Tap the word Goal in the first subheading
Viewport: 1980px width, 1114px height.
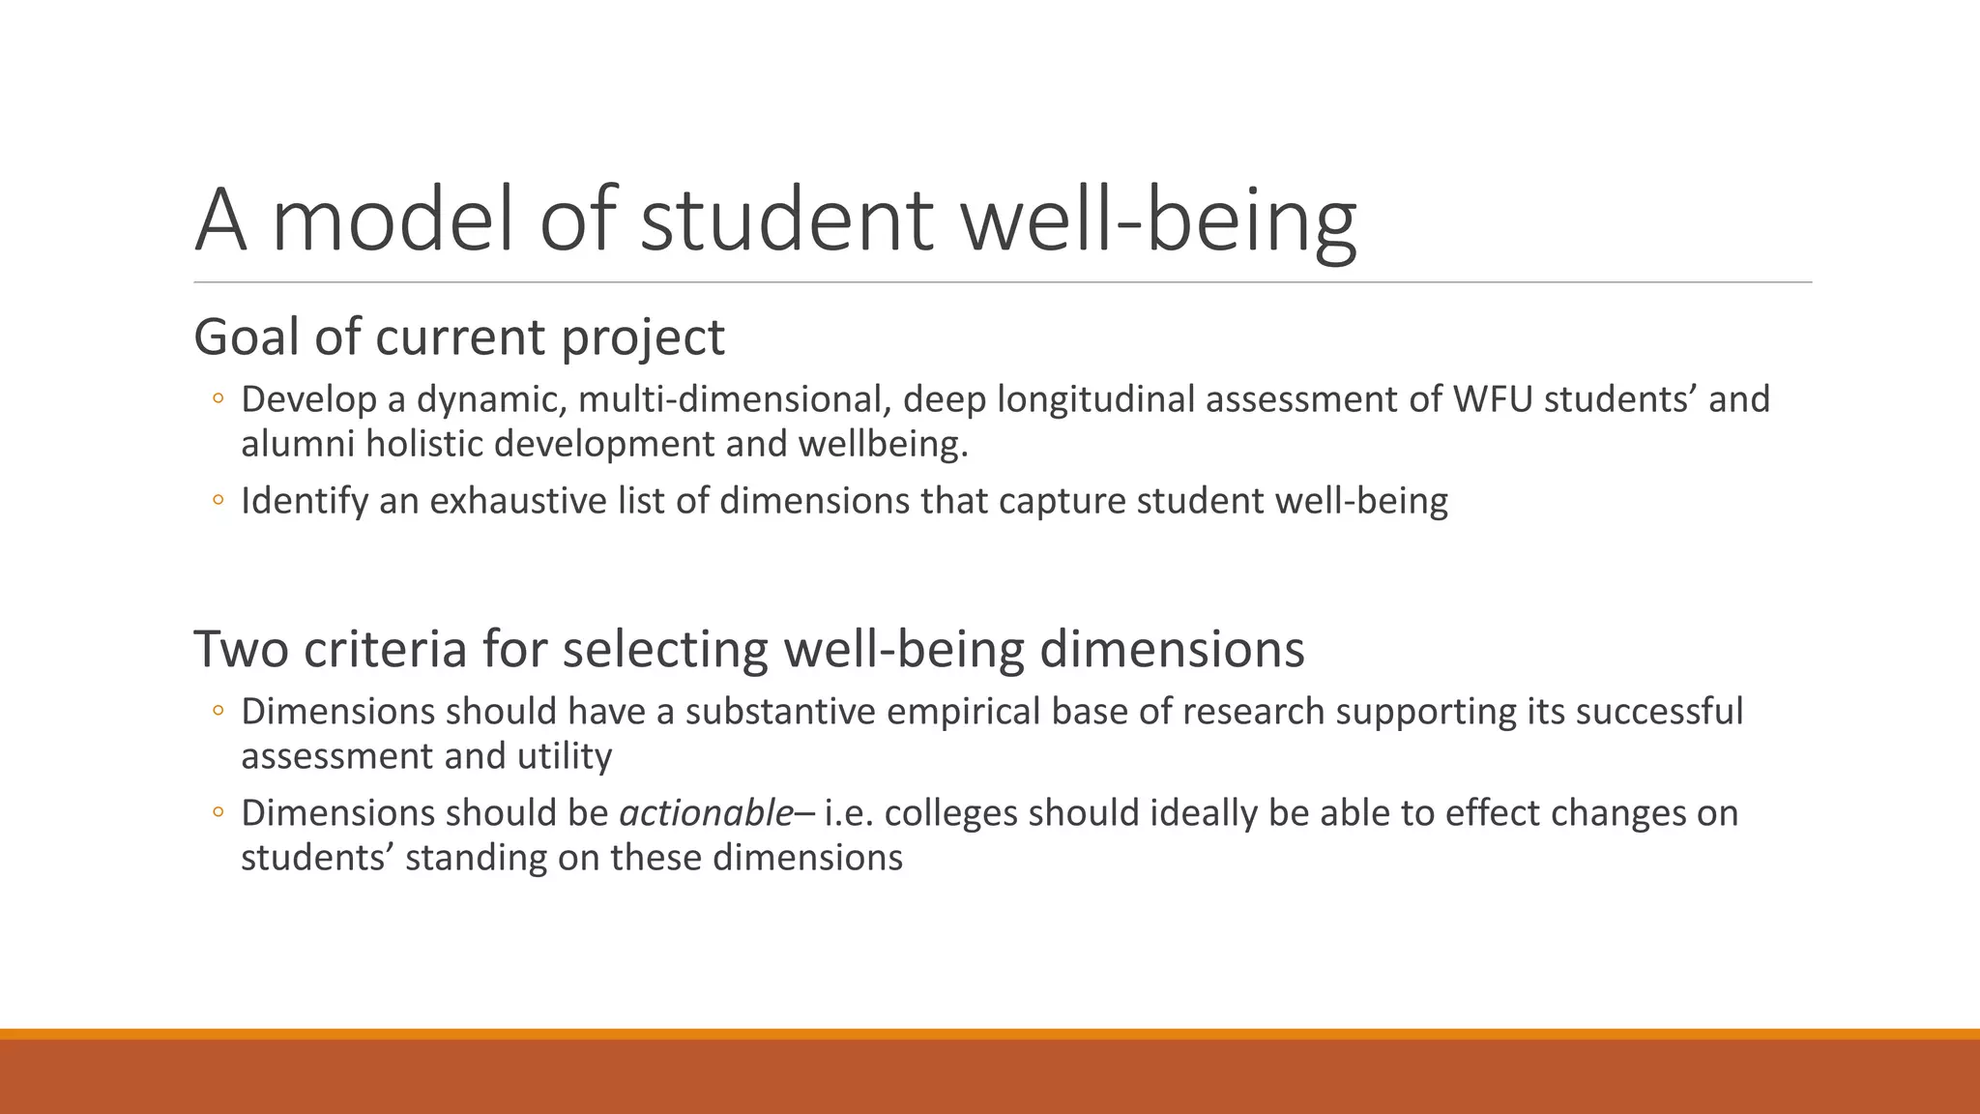247,337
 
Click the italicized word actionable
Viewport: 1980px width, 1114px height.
707,813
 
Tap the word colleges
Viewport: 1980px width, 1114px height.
951,813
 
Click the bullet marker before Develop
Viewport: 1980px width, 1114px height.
218,399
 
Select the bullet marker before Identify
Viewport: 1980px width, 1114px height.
218,501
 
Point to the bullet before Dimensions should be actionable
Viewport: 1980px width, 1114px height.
218,813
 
